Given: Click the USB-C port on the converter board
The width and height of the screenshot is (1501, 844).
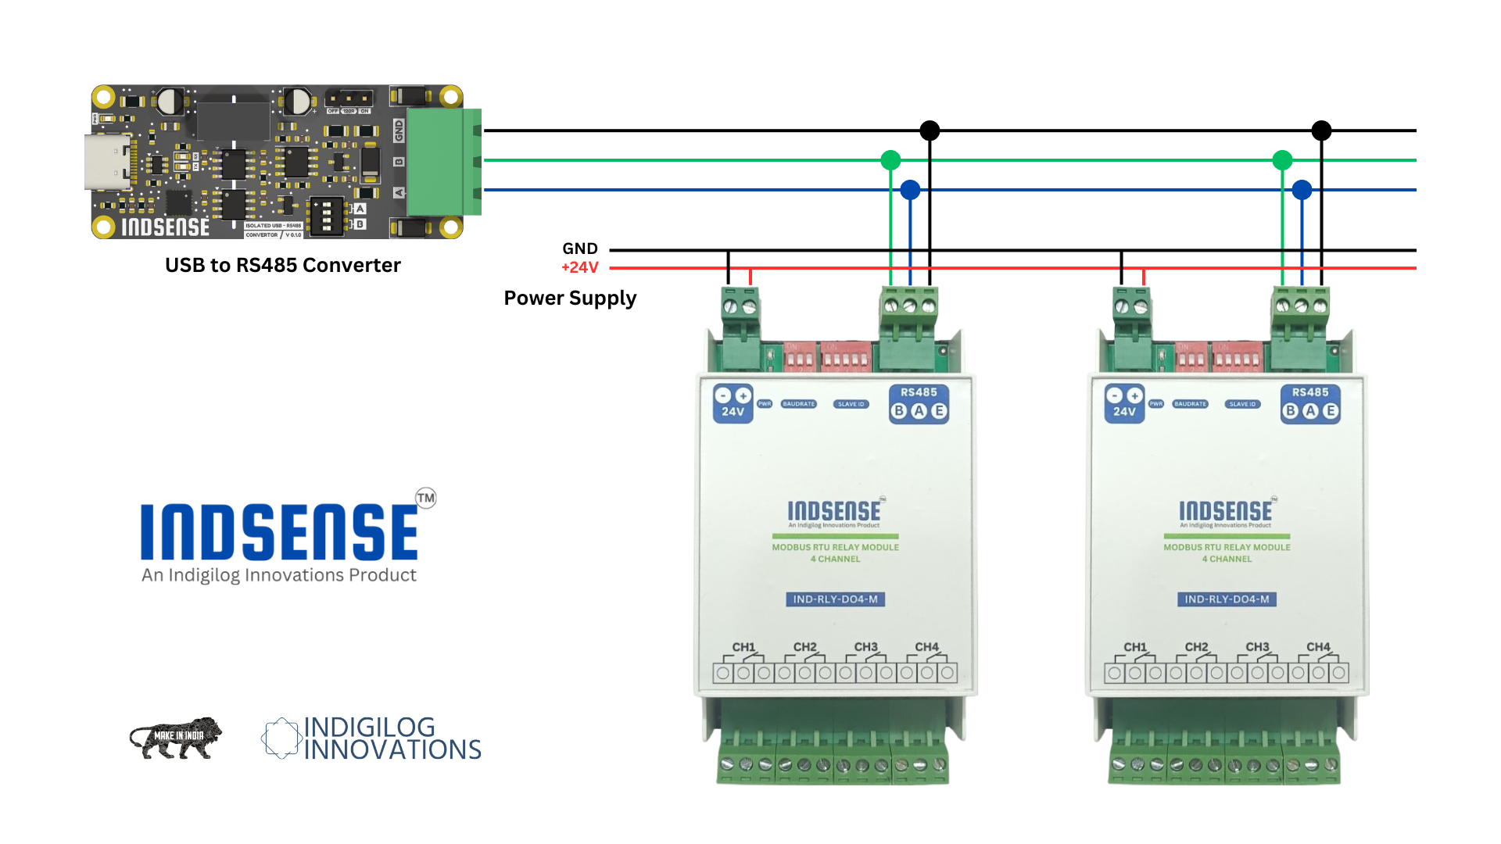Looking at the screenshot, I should (x=106, y=162).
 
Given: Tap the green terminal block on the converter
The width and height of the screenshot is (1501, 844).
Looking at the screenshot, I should (x=442, y=162).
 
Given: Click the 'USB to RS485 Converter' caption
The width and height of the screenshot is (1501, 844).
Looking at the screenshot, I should (x=282, y=266).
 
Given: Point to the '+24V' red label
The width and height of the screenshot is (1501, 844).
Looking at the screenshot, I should (x=580, y=268).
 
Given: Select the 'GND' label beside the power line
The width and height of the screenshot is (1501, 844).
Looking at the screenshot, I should (x=580, y=249).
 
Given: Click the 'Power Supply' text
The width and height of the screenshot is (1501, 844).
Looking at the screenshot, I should (x=570, y=299).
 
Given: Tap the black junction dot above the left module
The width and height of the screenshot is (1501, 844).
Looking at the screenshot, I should (x=930, y=131).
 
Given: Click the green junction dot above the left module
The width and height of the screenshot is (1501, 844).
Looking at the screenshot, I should (x=890, y=160).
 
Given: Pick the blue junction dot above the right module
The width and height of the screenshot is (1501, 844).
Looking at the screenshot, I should (x=1302, y=190).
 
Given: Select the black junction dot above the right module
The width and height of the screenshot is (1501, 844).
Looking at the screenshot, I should (x=1321, y=131).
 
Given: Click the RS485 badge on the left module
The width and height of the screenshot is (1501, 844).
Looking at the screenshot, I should (x=919, y=403).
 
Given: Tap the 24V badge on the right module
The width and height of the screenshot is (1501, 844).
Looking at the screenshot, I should (x=1124, y=403).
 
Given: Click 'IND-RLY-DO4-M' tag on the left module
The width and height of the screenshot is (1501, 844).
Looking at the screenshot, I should (x=835, y=599).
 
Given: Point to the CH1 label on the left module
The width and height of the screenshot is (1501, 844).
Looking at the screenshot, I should (x=743, y=647).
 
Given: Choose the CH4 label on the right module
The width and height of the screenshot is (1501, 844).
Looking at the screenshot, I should (x=1318, y=647).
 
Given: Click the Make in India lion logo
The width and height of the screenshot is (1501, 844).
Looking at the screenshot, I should (x=176, y=738).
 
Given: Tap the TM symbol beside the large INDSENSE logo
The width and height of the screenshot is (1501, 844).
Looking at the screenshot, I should (x=426, y=498).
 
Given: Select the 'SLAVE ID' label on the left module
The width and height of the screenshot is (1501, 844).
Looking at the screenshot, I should (x=851, y=404).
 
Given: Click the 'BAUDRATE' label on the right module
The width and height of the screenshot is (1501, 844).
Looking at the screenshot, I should (x=1190, y=404).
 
